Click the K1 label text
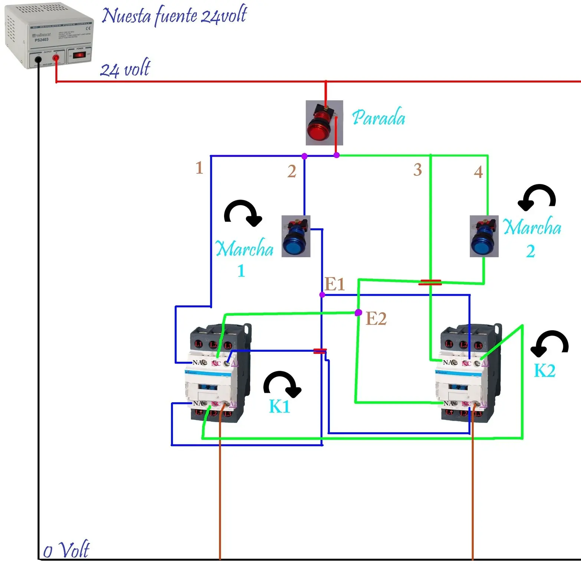279,406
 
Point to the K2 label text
544,370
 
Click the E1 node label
335,285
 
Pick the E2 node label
376,319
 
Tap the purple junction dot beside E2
358,313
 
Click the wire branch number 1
199,168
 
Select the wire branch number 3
418,170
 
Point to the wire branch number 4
478,172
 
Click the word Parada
378,118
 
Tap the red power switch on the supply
79,55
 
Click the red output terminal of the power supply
56,58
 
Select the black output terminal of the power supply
38,59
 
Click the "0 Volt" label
66,550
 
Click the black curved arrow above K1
282,384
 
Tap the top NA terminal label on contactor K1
197,362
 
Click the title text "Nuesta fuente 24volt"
174,16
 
